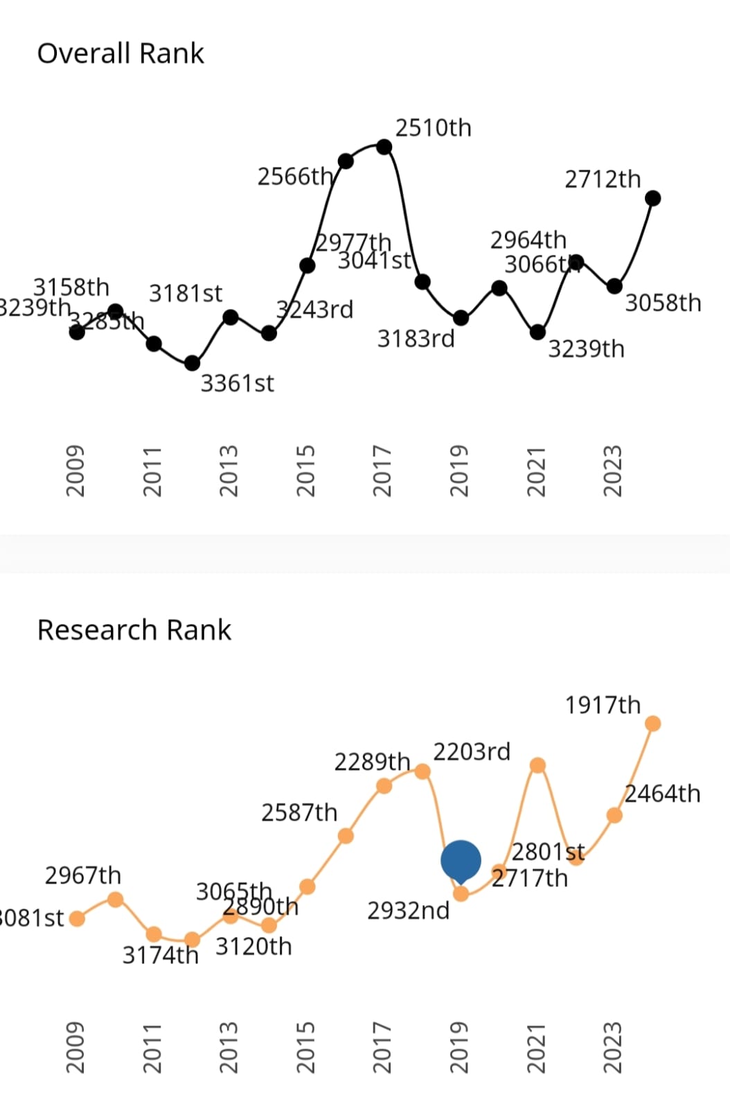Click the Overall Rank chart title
click(121, 53)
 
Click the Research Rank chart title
click(134, 630)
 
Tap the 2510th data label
click(433, 128)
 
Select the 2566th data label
click(295, 177)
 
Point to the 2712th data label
click(603, 179)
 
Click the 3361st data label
click(237, 383)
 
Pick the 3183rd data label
click(416, 339)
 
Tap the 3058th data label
click(663, 303)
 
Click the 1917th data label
click(603, 705)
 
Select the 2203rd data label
click(472, 751)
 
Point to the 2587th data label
click(299, 812)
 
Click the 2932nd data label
click(408, 911)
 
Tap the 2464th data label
click(662, 794)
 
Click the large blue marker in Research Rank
click(461, 860)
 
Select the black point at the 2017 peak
click(384, 147)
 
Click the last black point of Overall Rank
click(652, 199)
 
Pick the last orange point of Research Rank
click(652, 724)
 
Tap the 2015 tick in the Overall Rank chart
click(305, 471)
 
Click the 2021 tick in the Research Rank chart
click(536, 1048)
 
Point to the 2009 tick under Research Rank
click(75, 1048)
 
